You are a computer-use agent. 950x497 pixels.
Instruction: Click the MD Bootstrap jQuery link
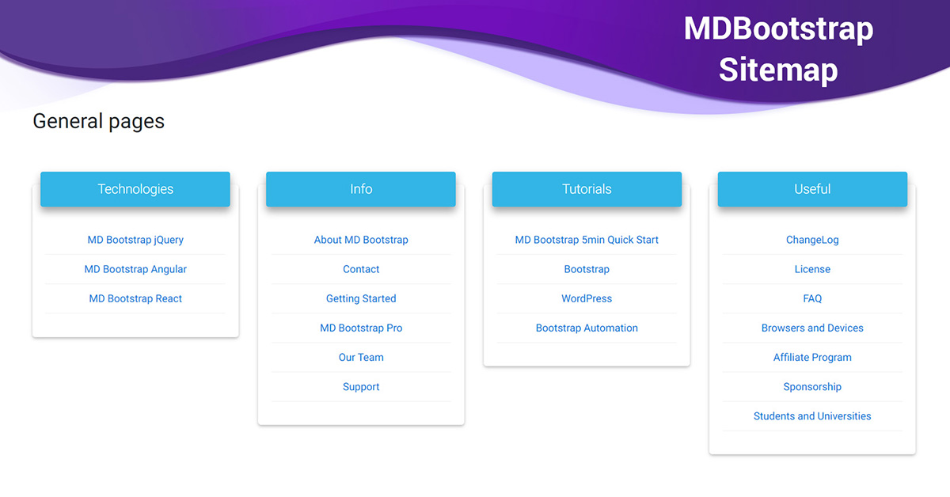point(135,240)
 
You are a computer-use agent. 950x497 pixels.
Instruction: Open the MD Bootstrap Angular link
point(135,269)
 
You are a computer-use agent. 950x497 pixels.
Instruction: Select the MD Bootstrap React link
point(135,298)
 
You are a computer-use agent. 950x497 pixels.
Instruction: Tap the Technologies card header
point(135,189)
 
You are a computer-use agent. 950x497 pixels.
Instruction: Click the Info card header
point(361,189)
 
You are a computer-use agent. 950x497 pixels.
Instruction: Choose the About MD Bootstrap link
point(361,240)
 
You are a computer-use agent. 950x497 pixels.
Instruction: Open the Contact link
point(361,269)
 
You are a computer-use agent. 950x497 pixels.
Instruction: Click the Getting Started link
point(361,298)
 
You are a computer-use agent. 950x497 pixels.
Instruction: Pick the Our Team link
point(361,358)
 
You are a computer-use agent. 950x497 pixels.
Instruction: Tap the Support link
point(361,387)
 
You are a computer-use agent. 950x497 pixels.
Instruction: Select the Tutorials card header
point(587,189)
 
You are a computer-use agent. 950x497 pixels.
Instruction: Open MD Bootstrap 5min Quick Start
point(587,240)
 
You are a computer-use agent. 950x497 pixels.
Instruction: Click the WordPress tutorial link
point(587,298)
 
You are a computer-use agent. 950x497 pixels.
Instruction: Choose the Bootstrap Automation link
point(587,328)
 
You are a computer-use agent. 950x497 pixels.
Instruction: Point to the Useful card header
point(812,189)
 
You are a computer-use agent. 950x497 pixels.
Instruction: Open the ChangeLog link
point(812,240)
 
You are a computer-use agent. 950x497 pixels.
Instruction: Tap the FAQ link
point(812,298)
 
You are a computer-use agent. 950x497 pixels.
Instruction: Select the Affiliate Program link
point(812,358)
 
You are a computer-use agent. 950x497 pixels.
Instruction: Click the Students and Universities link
point(812,416)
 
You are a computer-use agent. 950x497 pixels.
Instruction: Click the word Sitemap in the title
point(779,70)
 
